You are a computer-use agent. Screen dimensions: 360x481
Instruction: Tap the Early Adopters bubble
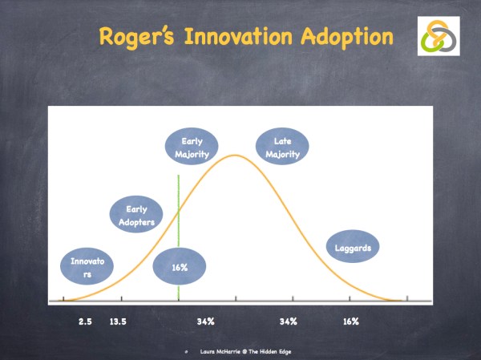pos(137,215)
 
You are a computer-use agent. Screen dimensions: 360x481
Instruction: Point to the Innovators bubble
pos(87,268)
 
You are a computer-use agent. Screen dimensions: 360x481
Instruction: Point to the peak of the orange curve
pos(235,155)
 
